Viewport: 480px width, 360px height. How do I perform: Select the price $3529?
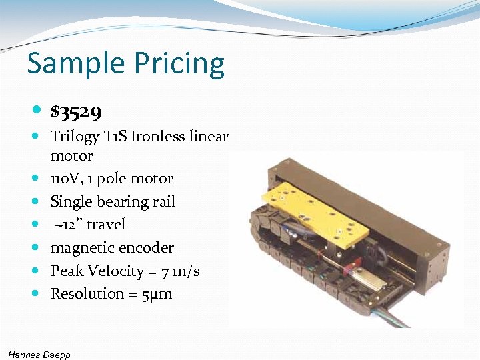76,113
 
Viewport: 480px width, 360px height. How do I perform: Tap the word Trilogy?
75,137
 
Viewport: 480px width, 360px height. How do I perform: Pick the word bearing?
122,201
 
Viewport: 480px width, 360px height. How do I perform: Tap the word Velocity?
116,271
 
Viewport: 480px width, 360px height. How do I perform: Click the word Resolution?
85,293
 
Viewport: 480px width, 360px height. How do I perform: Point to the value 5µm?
157,294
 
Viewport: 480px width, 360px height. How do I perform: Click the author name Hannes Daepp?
39,354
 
